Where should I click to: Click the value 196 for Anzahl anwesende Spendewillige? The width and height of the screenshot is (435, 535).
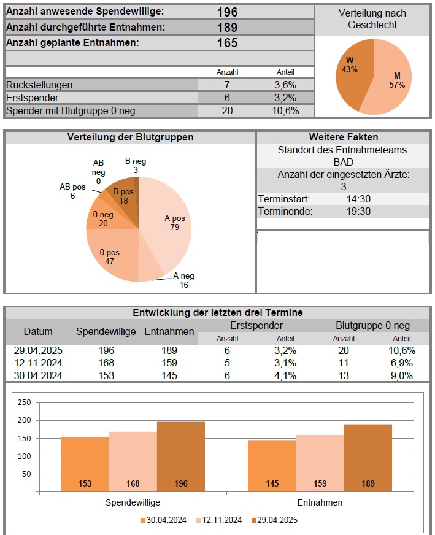point(227,12)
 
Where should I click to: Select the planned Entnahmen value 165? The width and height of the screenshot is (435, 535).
point(227,43)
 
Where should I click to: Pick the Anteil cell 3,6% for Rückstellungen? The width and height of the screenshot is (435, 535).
point(285,85)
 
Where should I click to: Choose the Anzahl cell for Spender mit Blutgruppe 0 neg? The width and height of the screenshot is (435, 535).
point(227,111)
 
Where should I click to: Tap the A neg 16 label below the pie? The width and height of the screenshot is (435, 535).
point(183,280)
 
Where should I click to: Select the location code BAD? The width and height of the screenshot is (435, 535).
point(344,162)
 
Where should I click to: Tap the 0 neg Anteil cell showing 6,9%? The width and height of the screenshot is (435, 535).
point(401,363)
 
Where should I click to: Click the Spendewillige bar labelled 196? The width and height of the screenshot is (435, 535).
point(181,456)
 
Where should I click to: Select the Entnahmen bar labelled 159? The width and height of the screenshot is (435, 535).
point(320,463)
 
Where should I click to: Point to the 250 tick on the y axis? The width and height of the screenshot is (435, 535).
point(24,402)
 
